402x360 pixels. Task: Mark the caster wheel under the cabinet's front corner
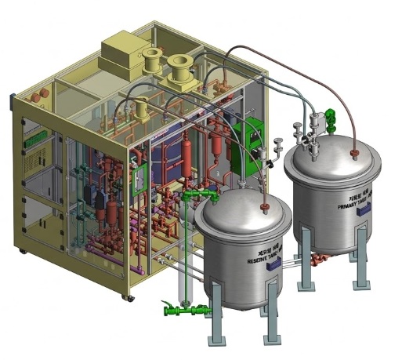coord(125,297)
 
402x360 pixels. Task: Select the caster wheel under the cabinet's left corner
coord(22,251)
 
